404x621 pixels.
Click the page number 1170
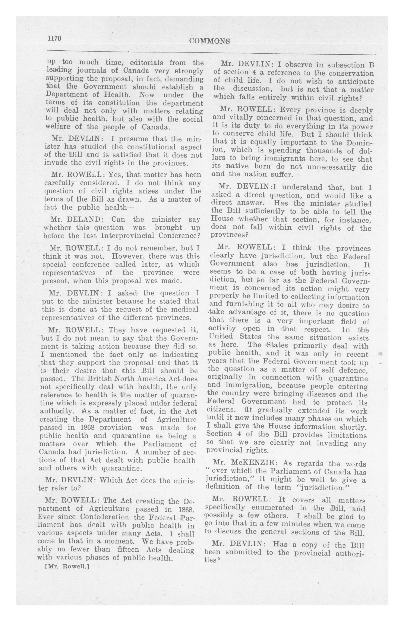[x=54, y=38]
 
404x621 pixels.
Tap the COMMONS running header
[x=209, y=41]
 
